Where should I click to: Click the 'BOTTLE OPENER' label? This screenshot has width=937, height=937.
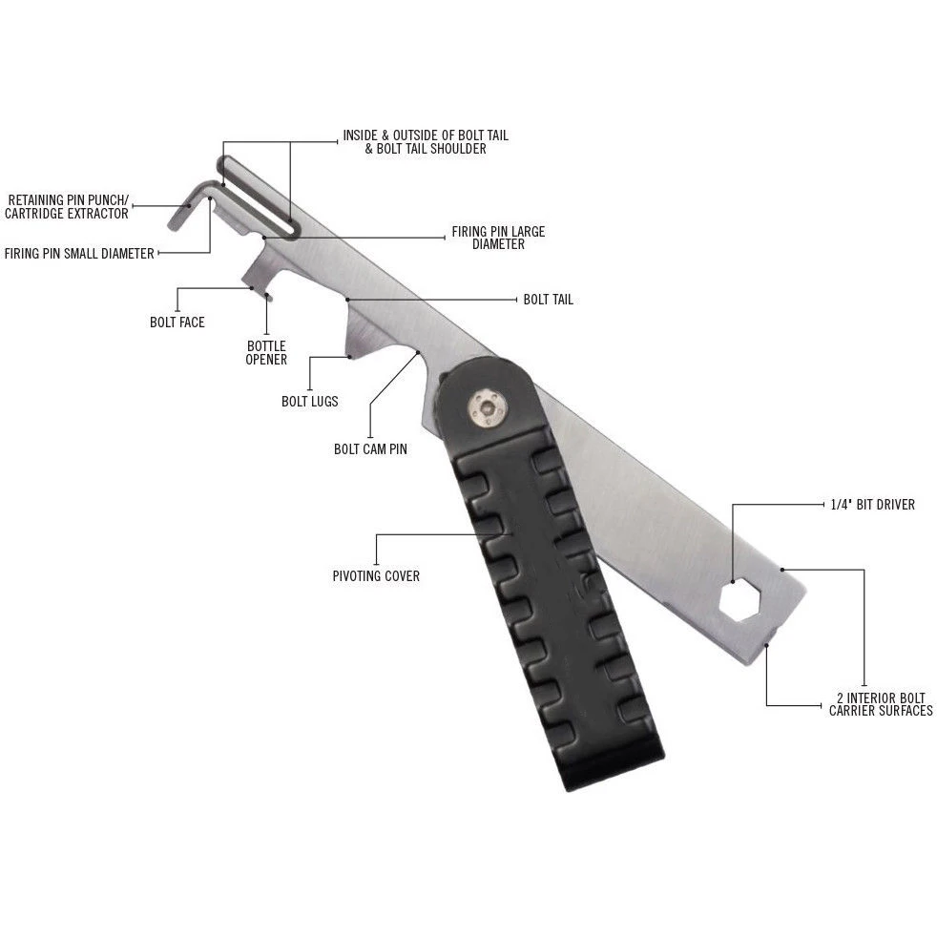tap(266, 353)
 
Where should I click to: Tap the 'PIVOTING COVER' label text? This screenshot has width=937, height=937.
tap(376, 576)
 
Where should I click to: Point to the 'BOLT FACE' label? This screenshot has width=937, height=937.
tap(177, 323)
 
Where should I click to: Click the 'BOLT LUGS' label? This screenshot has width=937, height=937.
tap(309, 402)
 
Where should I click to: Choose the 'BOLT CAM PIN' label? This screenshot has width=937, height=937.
tap(370, 448)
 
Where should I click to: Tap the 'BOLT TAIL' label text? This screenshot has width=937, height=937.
tap(548, 300)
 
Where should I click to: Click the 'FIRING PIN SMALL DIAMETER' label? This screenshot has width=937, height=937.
tap(79, 254)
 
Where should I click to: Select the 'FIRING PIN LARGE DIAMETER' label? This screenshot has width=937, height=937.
tap(498, 238)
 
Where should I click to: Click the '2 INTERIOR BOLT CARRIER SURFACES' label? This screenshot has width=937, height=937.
tap(880, 704)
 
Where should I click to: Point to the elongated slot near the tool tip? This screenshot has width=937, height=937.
tap(258, 196)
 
